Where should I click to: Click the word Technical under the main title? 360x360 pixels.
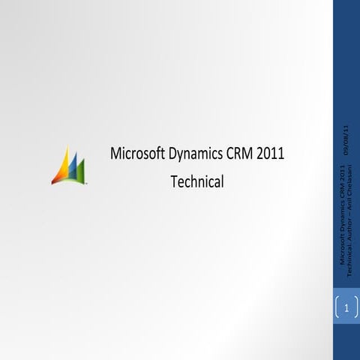click(x=197, y=181)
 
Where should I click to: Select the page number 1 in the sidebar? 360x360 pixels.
click(x=346, y=308)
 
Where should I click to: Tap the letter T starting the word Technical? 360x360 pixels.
click(x=174, y=181)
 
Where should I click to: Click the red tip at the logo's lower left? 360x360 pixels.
click(x=54, y=180)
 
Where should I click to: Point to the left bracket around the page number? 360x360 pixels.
click(x=337, y=308)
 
